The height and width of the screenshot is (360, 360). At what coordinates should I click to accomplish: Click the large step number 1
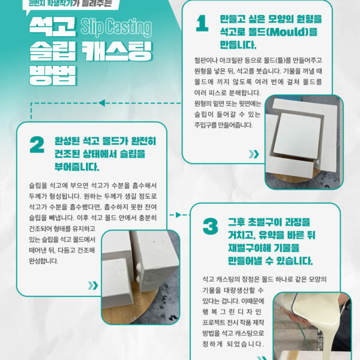tap(202, 23)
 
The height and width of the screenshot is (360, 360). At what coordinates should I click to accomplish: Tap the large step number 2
tap(37, 145)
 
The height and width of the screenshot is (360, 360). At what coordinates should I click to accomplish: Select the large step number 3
tap(211, 226)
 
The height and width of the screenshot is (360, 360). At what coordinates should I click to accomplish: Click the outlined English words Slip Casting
tap(116, 27)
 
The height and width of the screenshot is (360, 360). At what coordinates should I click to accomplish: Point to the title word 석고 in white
tap(52, 26)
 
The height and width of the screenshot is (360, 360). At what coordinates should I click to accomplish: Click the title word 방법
tap(53, 76)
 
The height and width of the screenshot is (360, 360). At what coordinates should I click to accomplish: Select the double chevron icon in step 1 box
tap(254, 154)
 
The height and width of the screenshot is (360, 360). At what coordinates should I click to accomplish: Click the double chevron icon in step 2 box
tap(93, 286)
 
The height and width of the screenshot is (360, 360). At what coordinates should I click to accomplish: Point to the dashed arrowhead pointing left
tap(102, 103)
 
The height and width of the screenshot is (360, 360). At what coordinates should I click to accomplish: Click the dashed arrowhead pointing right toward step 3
tap(178, 215)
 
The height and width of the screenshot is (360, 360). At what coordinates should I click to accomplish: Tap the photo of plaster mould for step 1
tap(304, 142)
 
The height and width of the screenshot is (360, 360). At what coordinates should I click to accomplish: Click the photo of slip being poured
tap(312, 326)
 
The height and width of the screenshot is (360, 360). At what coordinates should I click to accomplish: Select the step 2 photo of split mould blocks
tap(140, 277)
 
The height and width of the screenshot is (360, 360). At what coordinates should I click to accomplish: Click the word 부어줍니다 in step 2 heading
tap(77, 167)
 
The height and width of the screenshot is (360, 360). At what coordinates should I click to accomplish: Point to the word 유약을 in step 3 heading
tap(270, 235)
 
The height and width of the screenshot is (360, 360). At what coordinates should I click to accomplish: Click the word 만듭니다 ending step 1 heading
tap(238, 45)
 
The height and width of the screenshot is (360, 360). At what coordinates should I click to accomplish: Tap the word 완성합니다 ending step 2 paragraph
tap(43, 261)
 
